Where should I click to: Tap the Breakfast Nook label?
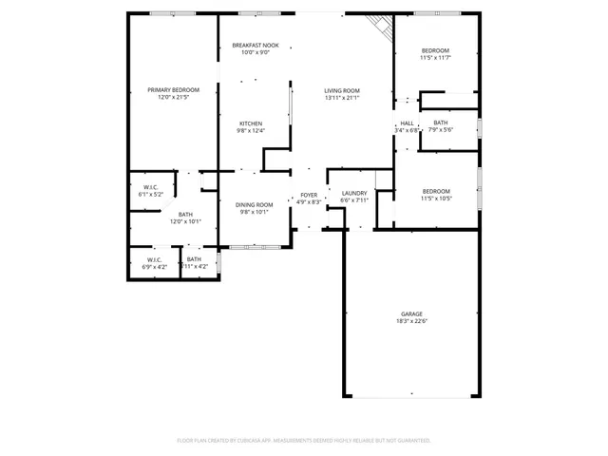point(256,46)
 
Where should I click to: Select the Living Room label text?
point(342,90)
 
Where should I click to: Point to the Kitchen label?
point(251,123)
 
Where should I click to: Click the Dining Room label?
point(254,204)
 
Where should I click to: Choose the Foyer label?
point(310,195)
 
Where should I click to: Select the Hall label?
point(407,123)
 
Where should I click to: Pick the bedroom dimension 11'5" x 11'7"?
point(435,58)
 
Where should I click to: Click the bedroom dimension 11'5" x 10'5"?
point(435,198)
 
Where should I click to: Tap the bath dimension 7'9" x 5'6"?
point(440,130)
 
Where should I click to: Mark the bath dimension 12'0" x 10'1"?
point(185,222)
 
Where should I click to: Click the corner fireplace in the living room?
point(382,28)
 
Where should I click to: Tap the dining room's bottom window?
point(256,247)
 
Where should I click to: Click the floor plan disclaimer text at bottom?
point(304,441)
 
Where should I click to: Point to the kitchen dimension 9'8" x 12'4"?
point(251,131)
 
